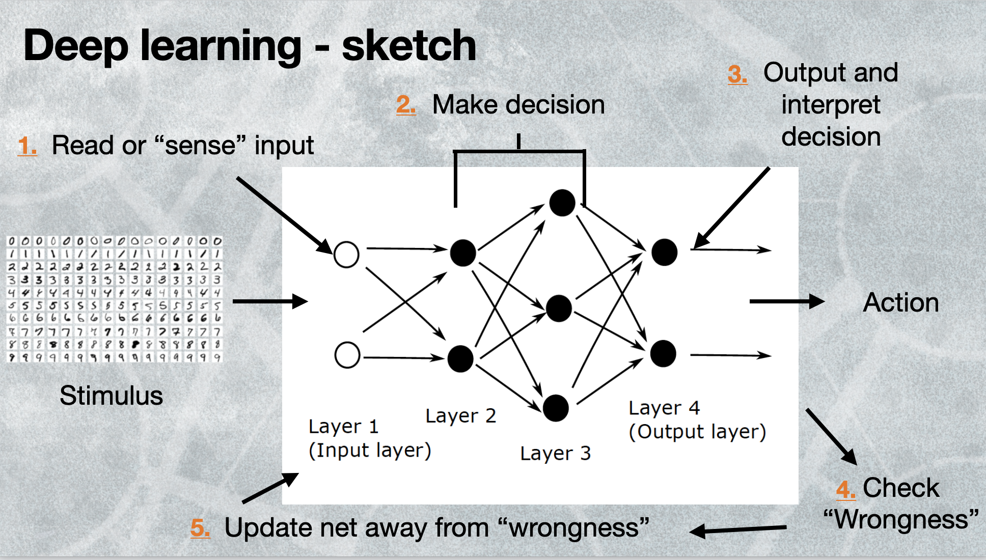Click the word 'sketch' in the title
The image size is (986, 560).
[409, 46]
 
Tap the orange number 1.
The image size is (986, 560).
[26, 146]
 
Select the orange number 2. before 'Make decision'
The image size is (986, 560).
[405, 105]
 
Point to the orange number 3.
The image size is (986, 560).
[737, 74]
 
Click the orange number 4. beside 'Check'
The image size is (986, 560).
[845, 489]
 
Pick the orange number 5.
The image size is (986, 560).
[200, 528]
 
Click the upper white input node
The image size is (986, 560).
[346, 254]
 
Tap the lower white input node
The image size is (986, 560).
[347, 355]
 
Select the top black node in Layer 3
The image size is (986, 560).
[562, 203]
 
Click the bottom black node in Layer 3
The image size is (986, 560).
[556, 408]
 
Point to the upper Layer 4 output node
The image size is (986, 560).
[664, 252]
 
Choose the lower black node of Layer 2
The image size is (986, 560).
[460, 358]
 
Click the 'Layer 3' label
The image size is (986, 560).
[555, 453]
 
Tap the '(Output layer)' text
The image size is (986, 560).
[697, 432]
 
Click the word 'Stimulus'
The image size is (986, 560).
[111, 396]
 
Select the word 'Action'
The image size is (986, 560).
[900, 303]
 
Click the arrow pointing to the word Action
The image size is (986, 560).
[786, 301]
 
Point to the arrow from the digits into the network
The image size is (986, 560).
[270, 301]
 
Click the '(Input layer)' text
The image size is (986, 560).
[370, 451]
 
